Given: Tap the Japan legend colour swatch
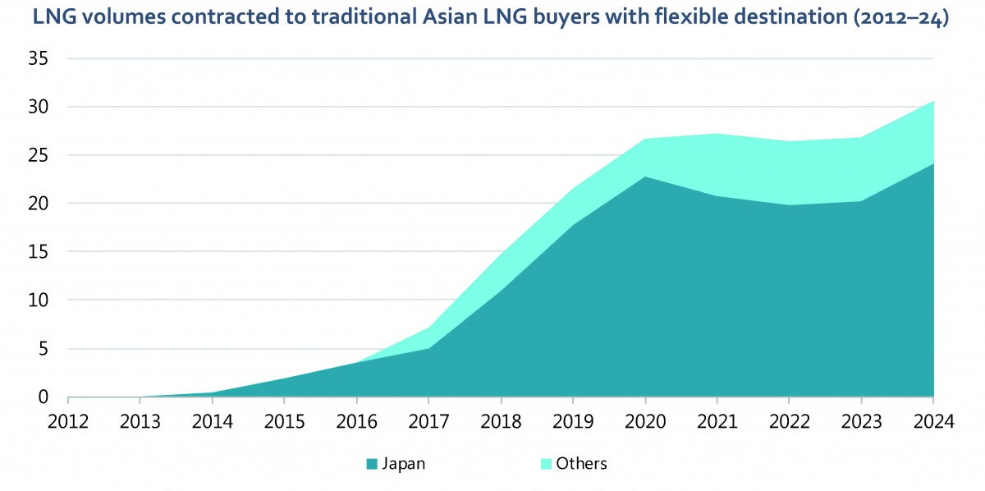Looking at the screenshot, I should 372,465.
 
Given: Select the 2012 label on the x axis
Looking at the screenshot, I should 68,421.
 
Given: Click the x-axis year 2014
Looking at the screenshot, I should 213,421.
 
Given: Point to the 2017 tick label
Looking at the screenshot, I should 428,421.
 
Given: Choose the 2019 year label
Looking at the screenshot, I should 573,421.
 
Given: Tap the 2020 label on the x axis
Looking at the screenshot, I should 645,421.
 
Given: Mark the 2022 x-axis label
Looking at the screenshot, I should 789,421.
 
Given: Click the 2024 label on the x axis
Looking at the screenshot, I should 933,421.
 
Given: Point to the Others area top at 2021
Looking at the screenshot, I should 717,134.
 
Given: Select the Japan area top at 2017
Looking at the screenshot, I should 428,348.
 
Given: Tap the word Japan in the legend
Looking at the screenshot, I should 404,464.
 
